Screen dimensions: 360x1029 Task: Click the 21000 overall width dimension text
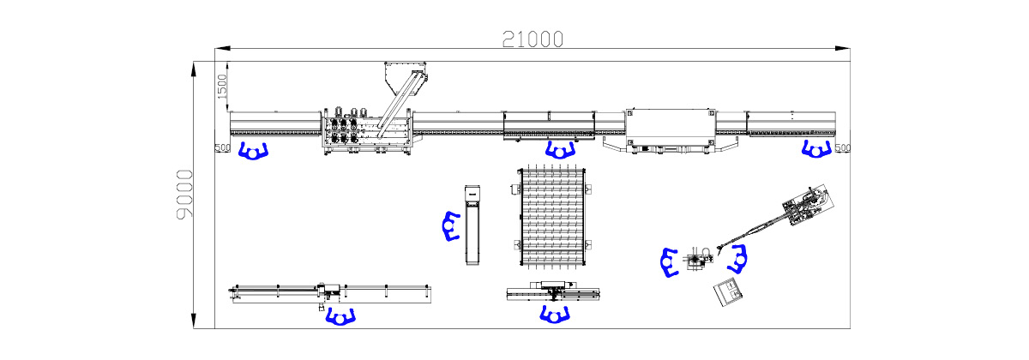(x=533, y=38)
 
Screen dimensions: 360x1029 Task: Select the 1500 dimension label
(x=221, y=86)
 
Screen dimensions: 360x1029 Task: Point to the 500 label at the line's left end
(x=223, y=148)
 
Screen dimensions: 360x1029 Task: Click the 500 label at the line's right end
(x=843, y=148)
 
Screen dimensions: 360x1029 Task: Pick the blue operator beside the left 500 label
(x=254, y=152)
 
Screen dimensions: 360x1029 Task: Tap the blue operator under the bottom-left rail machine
(x=341, y=317)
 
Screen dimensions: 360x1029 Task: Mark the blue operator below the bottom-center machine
(x=556, y=314)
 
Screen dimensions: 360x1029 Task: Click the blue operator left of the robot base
(x=670, y=262)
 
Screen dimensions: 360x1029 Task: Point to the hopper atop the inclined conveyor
(x=405, y=73)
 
